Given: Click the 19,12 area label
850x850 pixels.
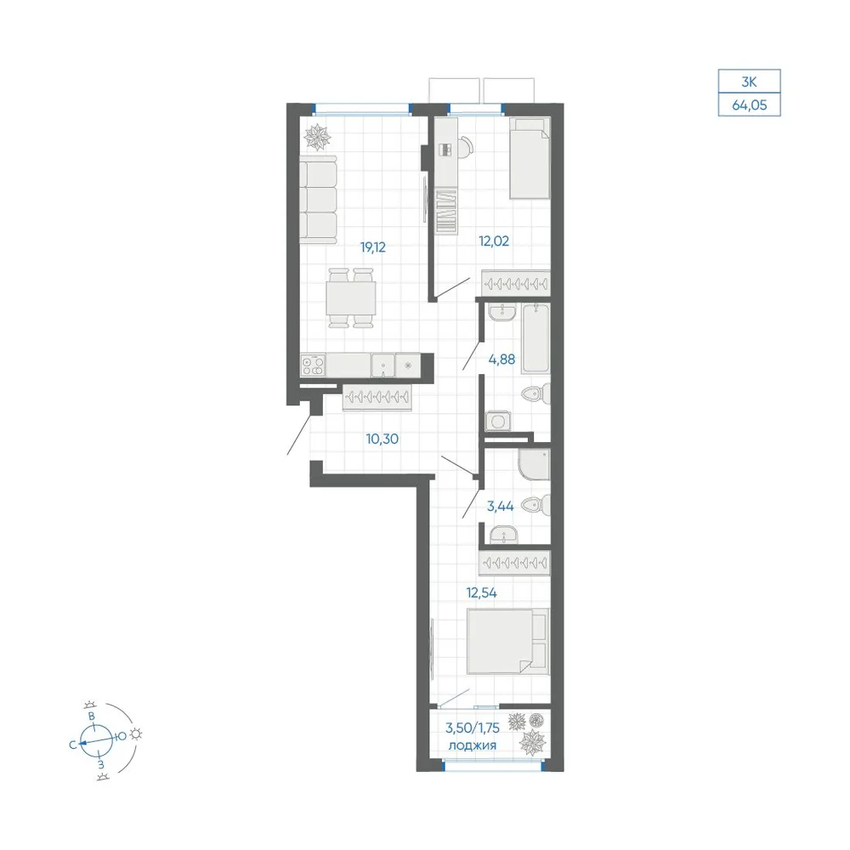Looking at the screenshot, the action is coord(373,247).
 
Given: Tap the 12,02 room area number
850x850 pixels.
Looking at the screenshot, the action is coord(494,241).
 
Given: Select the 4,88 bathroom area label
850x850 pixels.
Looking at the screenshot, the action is coord(502,359).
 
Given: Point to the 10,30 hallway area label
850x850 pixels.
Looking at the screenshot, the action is coord(382,439).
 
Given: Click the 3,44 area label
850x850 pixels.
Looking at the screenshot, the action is coord(501,507).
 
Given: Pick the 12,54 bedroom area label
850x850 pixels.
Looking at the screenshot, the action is coord(481,592).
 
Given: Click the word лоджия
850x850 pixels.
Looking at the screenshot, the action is coord(472,745).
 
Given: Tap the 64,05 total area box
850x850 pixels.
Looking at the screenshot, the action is coord(749,105).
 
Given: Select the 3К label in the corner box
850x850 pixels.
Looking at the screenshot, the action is coord(749,82).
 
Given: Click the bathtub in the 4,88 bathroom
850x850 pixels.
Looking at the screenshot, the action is coord(535,338).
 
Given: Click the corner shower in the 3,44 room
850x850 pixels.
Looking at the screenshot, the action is coord(534,465).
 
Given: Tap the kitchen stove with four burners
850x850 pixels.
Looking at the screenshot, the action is coord(314,365).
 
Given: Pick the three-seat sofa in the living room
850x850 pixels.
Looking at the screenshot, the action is coord(319,200).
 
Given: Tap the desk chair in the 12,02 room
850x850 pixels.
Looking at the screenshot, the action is coord(465,146).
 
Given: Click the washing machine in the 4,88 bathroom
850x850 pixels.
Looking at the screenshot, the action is coord(498,422).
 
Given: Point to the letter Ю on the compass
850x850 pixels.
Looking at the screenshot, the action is coord(122,736).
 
